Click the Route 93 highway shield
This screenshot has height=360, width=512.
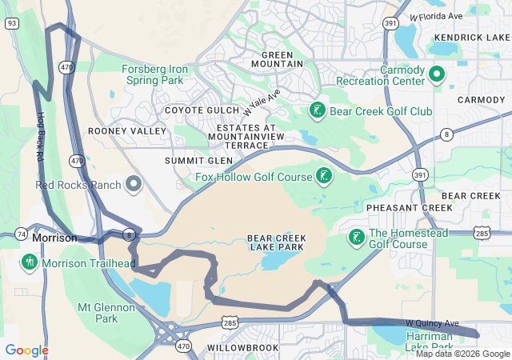(11, 23)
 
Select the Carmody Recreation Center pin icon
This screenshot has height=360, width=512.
(437, 75)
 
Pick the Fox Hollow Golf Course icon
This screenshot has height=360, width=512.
(324, 176)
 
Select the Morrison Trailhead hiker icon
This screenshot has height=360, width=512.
(30, 262)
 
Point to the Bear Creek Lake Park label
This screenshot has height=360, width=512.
(275, 242)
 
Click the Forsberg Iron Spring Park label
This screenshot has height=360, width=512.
(155, 75)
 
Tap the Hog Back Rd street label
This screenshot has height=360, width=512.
(40, 136)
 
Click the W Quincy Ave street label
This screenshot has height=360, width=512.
(432, 323)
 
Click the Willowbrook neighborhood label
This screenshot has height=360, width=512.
(242, 348)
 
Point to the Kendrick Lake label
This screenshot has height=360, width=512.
(471, 38)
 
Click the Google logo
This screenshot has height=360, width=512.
(26, 350)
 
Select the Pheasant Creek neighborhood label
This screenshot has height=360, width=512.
(398, 208)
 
